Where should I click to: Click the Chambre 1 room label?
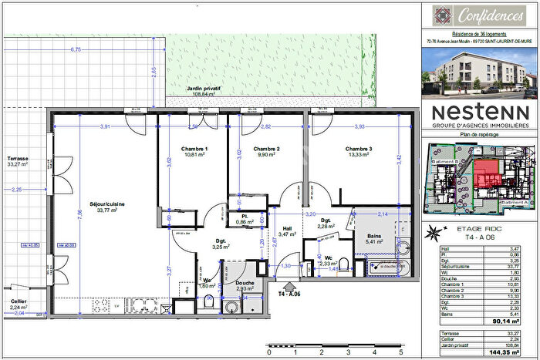tap(194, 149)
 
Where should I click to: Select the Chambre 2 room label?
tap(267, 149)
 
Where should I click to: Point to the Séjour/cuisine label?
tap(106, 204)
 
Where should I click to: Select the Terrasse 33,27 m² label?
tap(16, 160)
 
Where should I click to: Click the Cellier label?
tap(19, 301)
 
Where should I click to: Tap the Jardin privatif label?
tap(203, 89)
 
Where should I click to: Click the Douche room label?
tap(235, 283)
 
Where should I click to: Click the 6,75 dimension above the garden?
tap(76, 49)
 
